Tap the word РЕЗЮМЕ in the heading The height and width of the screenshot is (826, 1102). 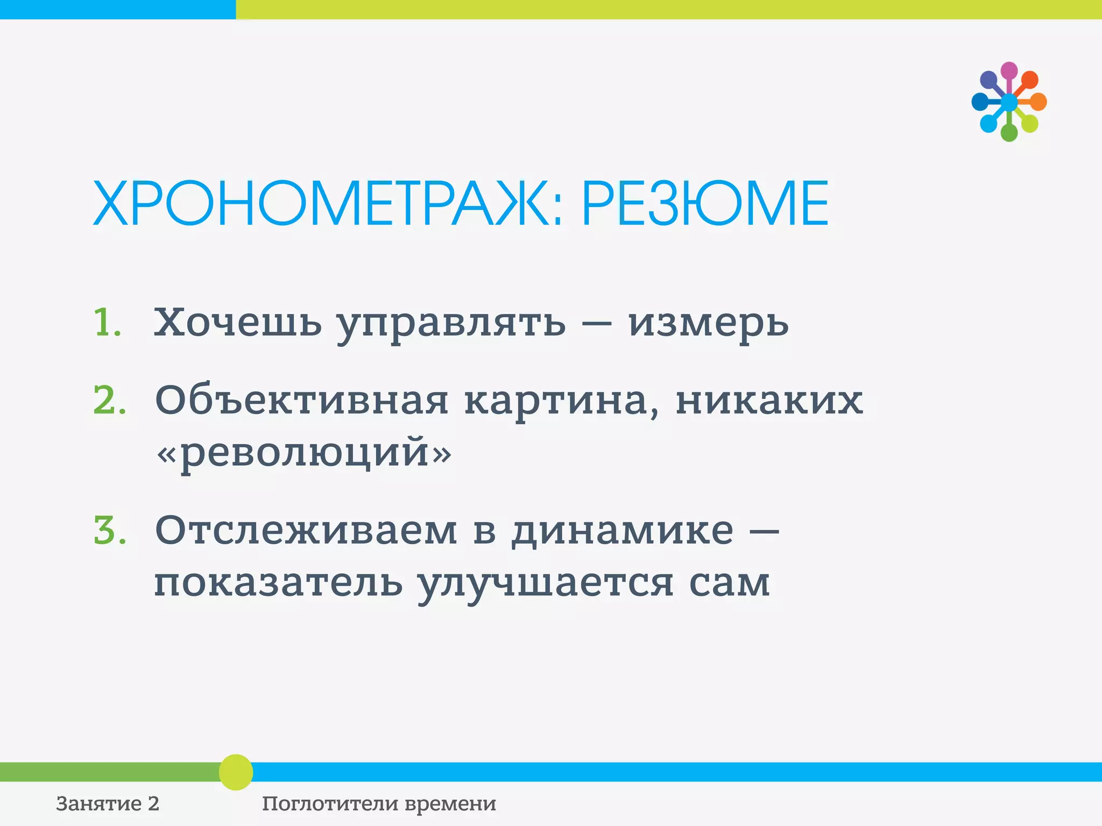pyautogui.click(x=705, y=204)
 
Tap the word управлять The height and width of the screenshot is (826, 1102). pyautogui.click(x=451, y=324)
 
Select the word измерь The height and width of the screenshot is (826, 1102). pyautogui.click(x=708, y=324)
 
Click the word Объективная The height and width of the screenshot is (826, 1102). pyautogui.click(x=301, y=401)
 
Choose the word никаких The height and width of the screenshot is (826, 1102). pyautogui.click(x=769, y=401)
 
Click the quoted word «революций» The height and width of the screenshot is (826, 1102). pyautogui.click(x=304, y=453)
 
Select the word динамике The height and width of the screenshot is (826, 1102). pyautogui.click(x=622, y=532)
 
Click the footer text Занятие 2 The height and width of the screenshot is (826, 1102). pyautogui.click(x=108, y=803)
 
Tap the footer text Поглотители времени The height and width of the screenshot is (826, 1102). pyautogui.click(x=379, y=803)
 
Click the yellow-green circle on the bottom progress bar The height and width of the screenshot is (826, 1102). pyautogui.click(x=236, y=772)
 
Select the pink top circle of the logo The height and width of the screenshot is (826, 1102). pyautogui.click(x=1009, y=71)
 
